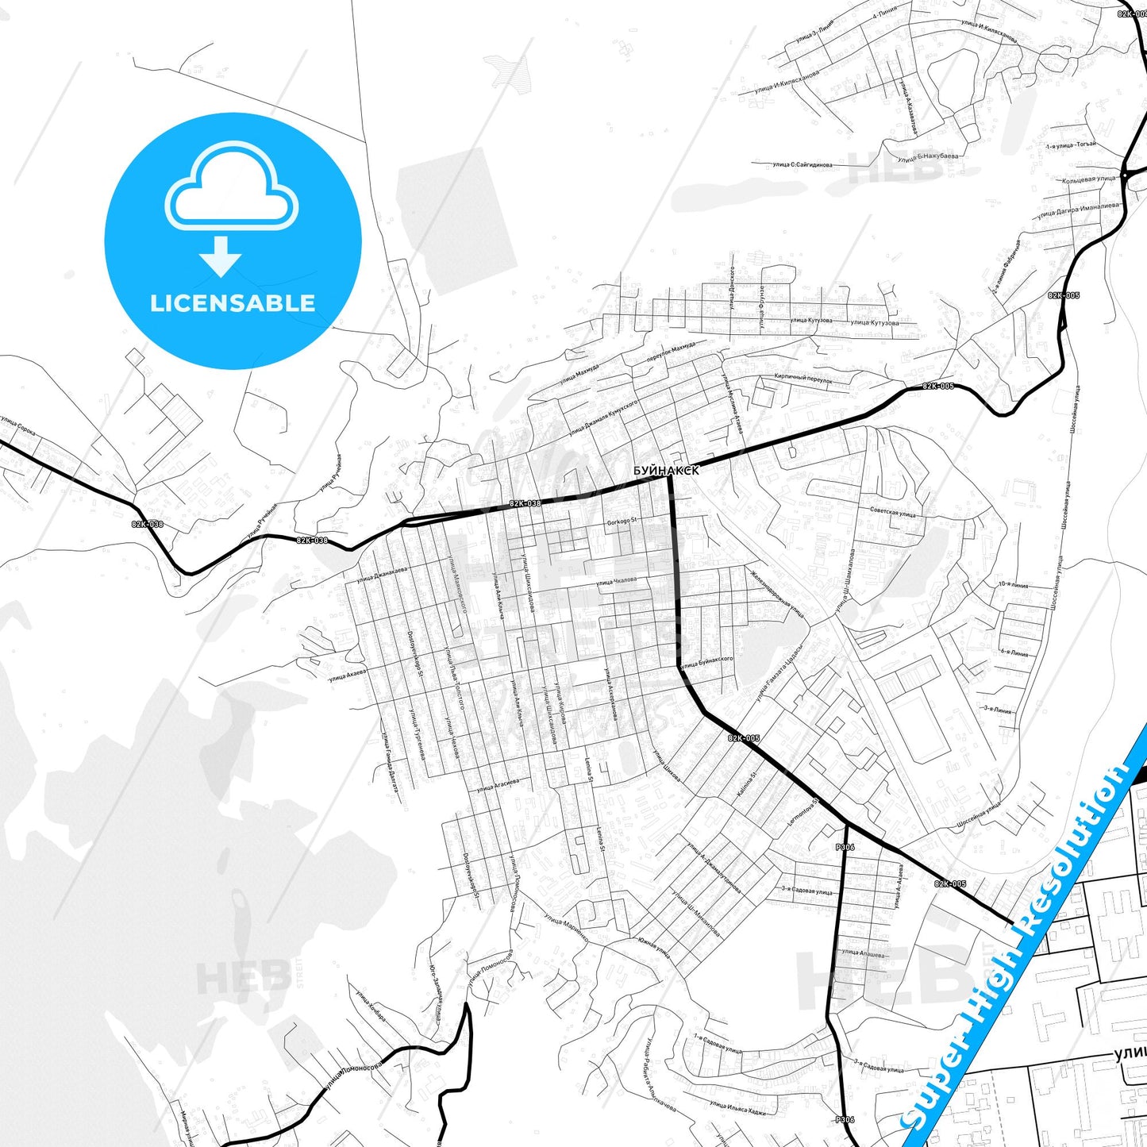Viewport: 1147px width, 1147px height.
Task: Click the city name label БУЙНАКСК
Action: click(666, 471)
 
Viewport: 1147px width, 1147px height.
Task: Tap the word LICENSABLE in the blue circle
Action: click(233, 302)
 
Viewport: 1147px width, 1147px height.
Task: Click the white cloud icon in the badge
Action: click(232, 187)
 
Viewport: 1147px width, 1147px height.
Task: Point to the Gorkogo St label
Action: click(622, 522)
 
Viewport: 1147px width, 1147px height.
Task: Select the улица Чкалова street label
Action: click(617, 582)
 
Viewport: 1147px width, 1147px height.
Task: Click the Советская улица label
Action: click(892, 512)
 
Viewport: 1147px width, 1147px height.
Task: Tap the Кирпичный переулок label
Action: click(803, 379)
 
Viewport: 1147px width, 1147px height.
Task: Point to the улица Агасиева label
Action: click(498, 785)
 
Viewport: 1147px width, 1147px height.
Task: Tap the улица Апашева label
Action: click(864, 953)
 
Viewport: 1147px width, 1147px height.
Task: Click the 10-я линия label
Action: click(1013, 585)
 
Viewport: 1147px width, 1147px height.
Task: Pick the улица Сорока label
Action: click(18, 428)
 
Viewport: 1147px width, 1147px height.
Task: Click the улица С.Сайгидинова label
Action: click(802, 165)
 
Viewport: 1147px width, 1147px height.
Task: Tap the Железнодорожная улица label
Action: click(778, 593)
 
